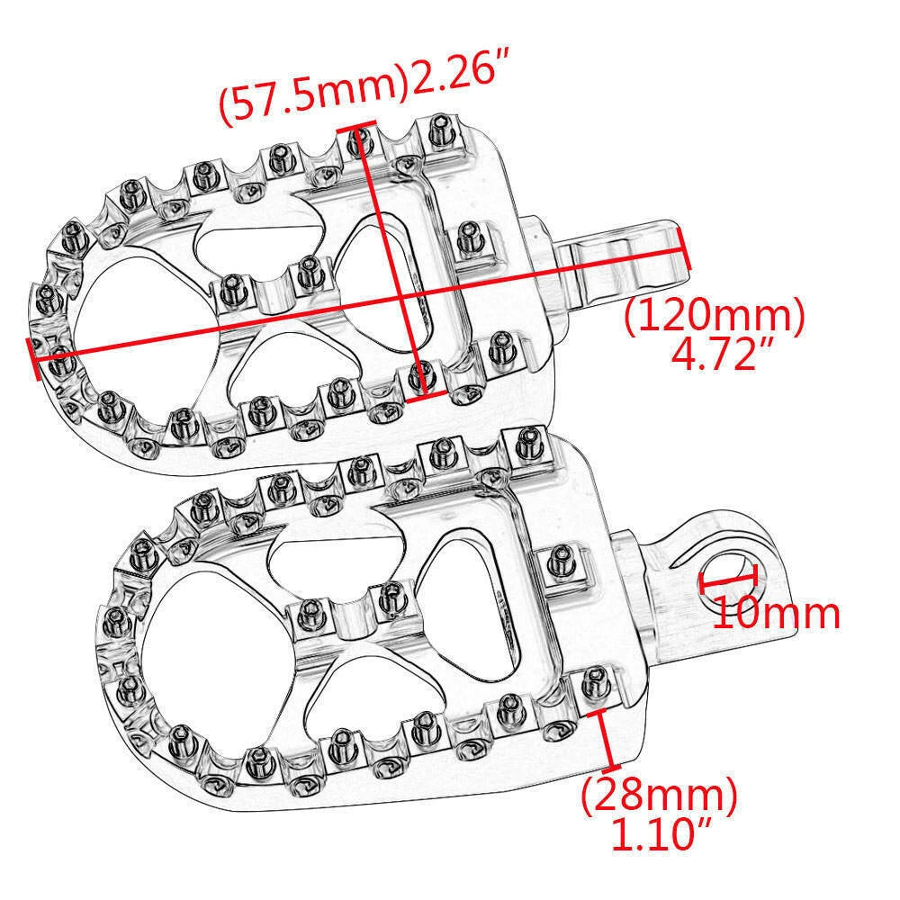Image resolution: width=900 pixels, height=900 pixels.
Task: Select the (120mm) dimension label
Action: point(715,316)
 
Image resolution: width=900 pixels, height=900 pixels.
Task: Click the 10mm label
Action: point(777,614)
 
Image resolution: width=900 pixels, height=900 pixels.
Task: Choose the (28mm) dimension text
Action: point(660,796)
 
